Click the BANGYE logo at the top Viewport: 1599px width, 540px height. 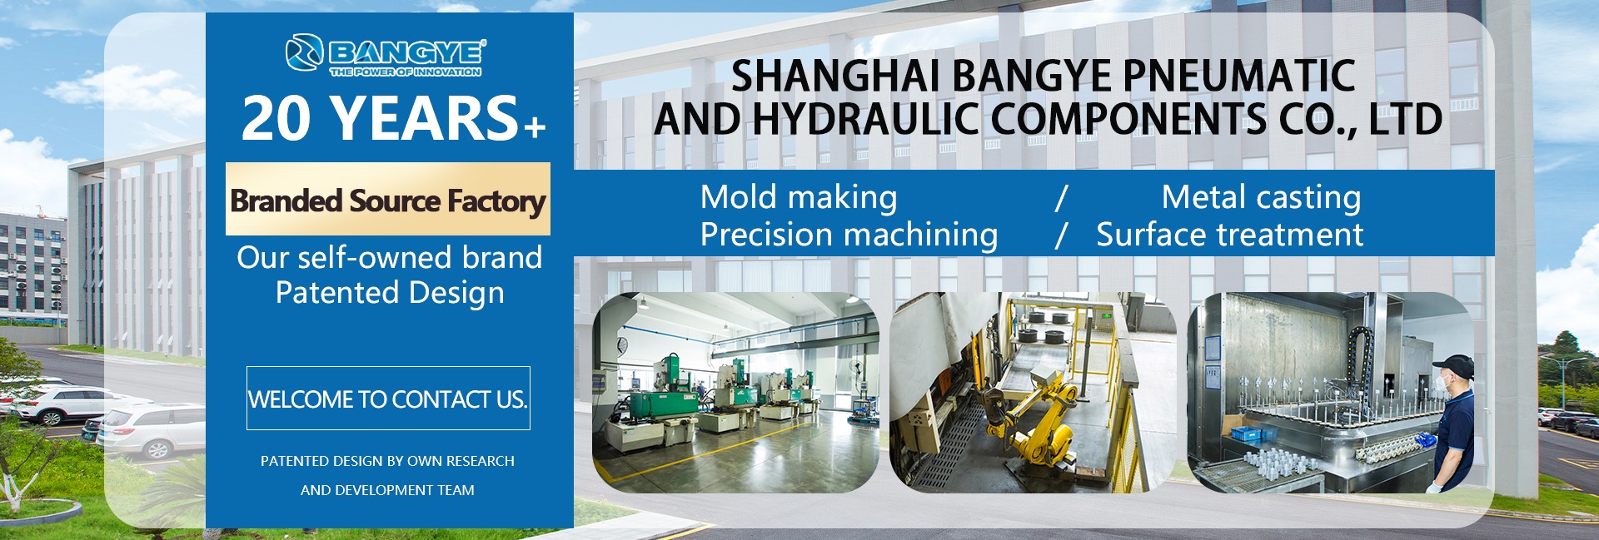pyautogui.click(x=386, y=55)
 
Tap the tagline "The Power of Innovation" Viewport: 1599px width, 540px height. pyautogui.click(x=406, y=72)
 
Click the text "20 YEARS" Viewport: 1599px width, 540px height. pyautogui.click(x=381, y=118)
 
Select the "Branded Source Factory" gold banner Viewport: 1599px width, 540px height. pyautogui.click(x=388, y=200)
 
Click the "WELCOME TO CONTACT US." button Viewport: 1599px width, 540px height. pyautogui.click(x=388, y=399)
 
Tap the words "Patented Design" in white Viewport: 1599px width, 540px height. pyautogui.click(x=390, y=293)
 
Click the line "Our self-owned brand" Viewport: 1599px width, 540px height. pyautogui.click(x=390, y=257)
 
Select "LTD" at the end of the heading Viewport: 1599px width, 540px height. pyautogui.click(x=1406, y=119)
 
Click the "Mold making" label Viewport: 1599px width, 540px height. pyautogui.click(x=799, y=197)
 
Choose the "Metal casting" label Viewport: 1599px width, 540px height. pyautogui.click(x=1261, y=197)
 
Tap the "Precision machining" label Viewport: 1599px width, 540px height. pyautogui.click(x=849, y=235)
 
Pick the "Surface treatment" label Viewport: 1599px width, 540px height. pyautogui.click(x=1229, y=235)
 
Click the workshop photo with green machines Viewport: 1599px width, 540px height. pyautogui.click(x=735, y=392)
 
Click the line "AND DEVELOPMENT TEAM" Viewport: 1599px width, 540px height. pyautogui.click(x=387, y=490)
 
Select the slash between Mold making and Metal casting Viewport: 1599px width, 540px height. pyautogui.click(x=1061, y=198)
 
